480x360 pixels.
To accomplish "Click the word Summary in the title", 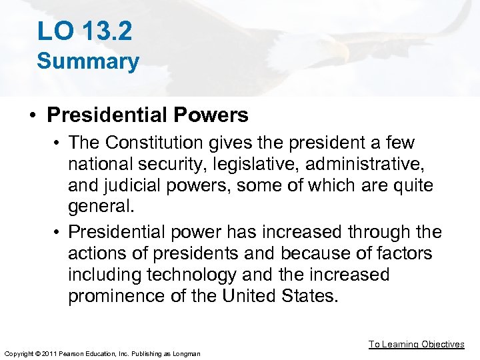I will [x=88, y=61].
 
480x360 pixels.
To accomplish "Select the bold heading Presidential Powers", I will [x=147, y=115].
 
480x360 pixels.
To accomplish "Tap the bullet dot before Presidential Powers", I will [x=32, y=115].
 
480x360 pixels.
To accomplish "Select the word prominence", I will [x=117, y=296].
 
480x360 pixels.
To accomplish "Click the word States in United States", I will [x=307, y=296].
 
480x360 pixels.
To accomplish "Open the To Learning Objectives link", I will [x=417, y=344].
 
